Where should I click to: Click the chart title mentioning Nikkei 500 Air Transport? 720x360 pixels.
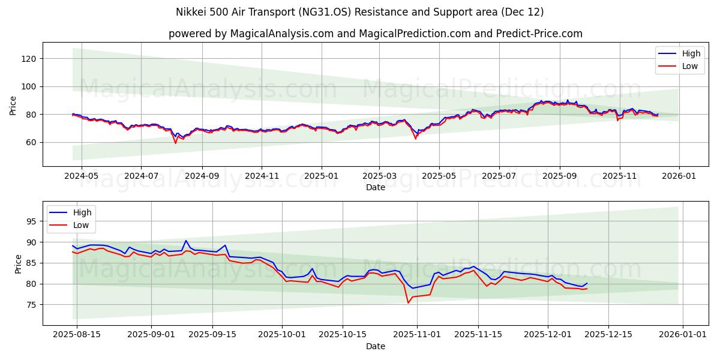tap(359, 12)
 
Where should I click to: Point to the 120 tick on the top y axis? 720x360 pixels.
tap(30, 58)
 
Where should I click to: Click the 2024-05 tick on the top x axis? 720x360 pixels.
tap(80, 177)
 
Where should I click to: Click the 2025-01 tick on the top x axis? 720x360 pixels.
tap(322, 177)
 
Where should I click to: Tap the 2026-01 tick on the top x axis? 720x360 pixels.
tap(679, 177)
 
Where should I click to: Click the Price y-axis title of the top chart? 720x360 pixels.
tap(13, 105)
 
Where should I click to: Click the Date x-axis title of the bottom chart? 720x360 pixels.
tap(376, 346)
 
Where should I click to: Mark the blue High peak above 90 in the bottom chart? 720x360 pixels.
tap(186, 241)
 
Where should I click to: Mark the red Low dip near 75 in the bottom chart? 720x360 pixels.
tap(409, 302)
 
